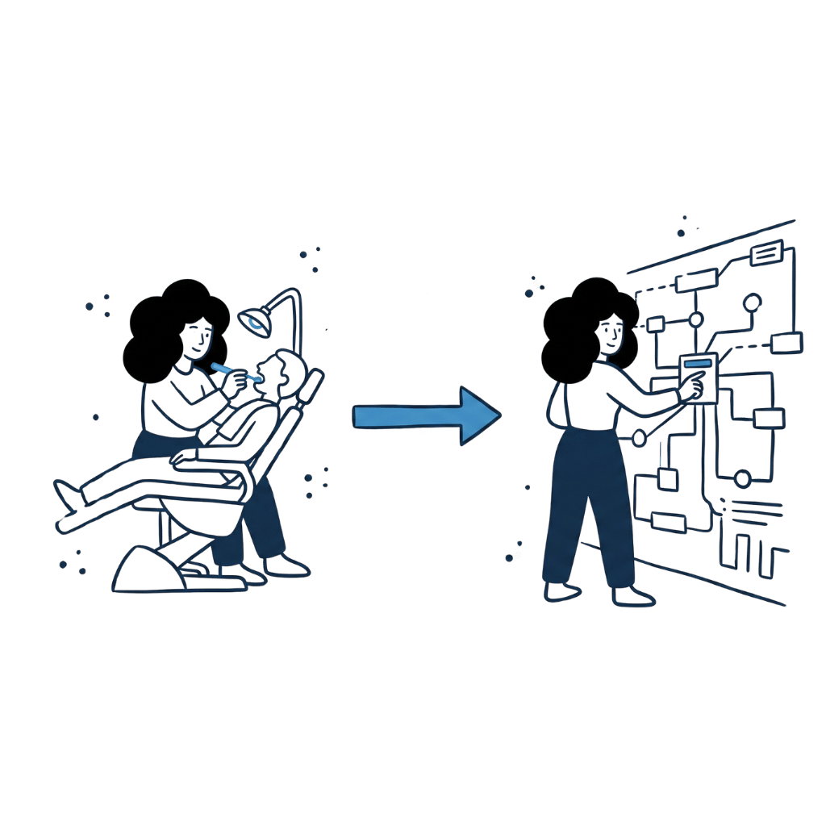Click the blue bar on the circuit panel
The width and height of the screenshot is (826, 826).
pos(697,365)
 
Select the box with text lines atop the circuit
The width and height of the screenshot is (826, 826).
pos(766,253)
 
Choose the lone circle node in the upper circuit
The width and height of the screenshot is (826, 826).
pos(752,303)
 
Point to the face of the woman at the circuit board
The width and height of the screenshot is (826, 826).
pos(613,331)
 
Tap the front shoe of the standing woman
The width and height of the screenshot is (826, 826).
pos(634,597)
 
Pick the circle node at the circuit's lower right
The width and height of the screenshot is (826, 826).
pos(742,479)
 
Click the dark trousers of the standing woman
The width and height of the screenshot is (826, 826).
pos(589,500)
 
